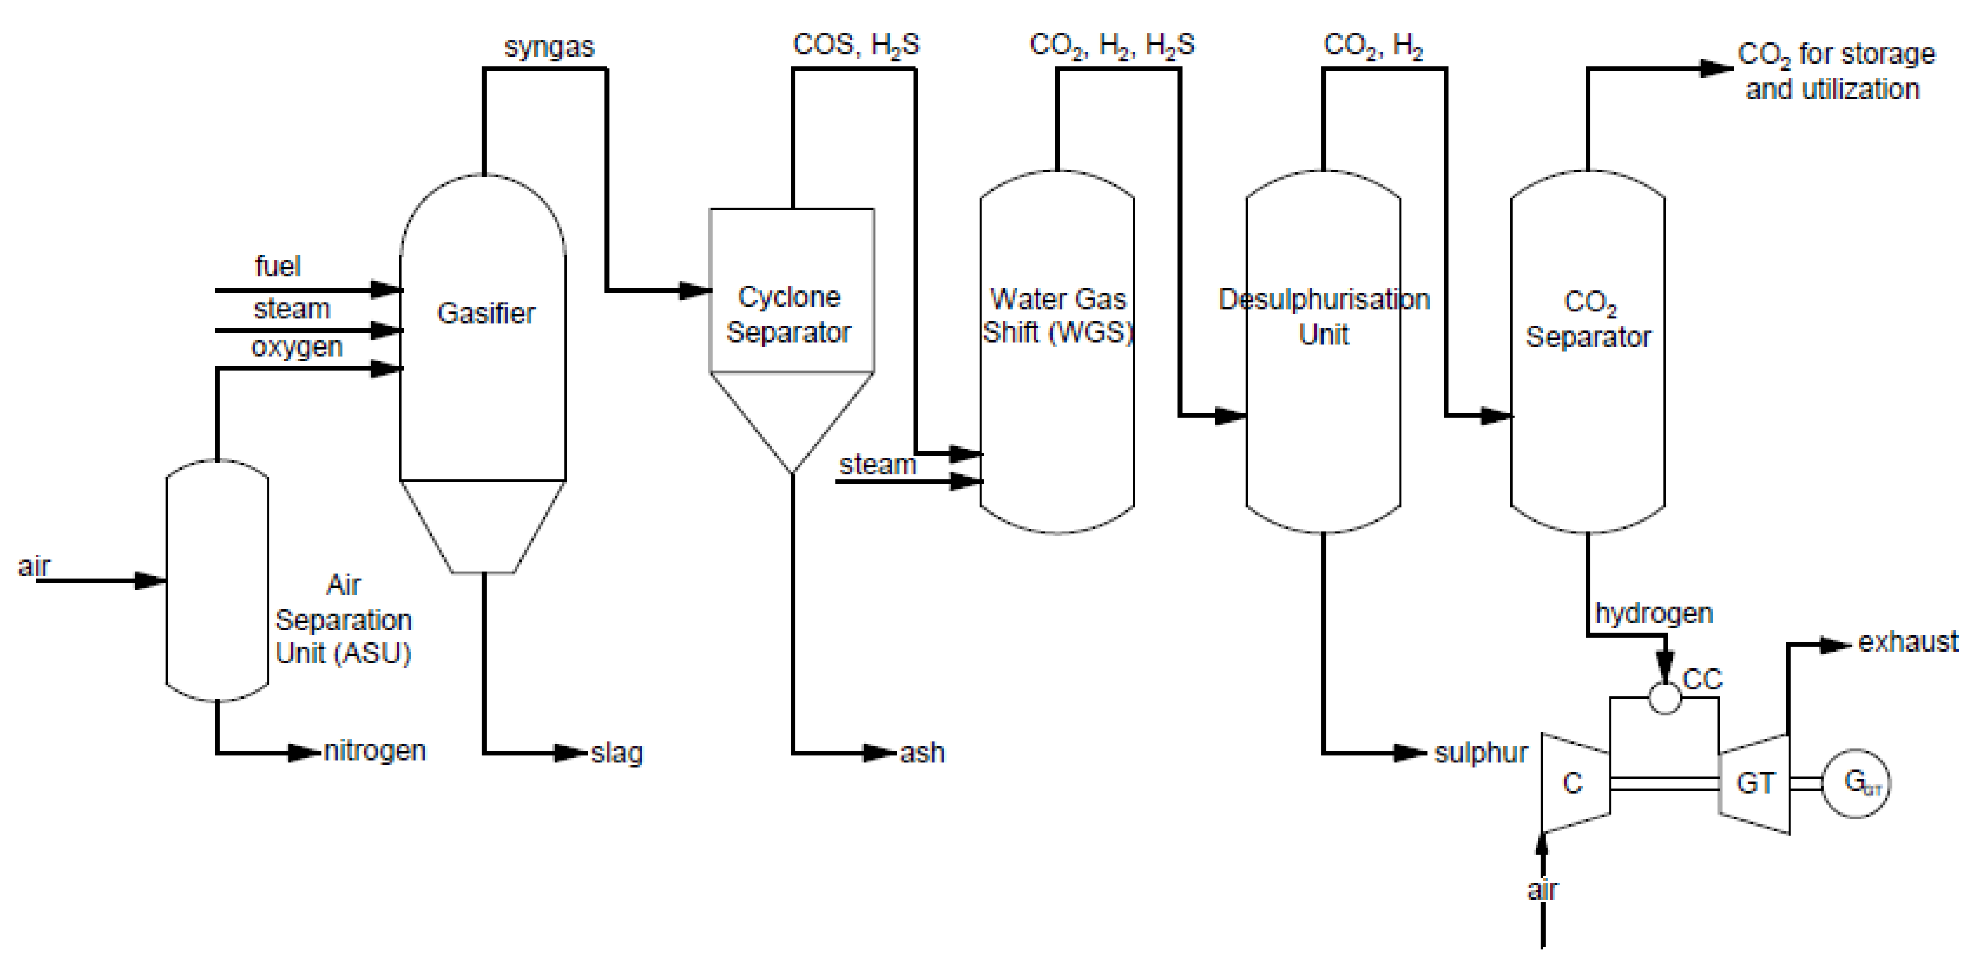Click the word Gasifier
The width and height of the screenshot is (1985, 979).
point(485,313)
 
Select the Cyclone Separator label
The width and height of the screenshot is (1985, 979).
point(788,314)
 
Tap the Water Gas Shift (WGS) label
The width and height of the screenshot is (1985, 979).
point(1057,316)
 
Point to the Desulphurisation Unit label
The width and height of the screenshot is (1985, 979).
point(1323,317)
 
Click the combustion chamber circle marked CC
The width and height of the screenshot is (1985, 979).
point(1664,698)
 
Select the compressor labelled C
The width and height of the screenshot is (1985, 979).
point(1573,783)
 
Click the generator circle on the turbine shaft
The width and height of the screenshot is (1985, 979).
point(1856,783)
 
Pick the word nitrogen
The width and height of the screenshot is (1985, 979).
point(375,751)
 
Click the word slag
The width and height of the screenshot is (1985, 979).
point(617,753)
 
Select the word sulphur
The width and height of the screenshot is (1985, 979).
point(1480,752)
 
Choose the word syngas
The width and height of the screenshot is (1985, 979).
point(549,47)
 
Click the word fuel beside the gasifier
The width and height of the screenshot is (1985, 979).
point(278,266)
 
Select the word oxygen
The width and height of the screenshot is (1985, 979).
point(297,348)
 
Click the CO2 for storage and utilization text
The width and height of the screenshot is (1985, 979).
point(1836,71)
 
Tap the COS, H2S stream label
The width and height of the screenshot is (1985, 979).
point(856,45)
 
